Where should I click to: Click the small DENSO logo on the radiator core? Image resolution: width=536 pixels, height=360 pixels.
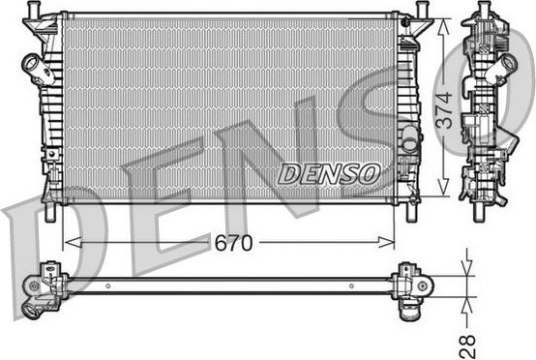click(329, 174)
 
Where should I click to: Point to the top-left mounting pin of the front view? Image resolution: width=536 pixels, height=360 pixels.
click(38, 10)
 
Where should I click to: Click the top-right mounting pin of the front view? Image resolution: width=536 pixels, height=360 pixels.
click(424, 10)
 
